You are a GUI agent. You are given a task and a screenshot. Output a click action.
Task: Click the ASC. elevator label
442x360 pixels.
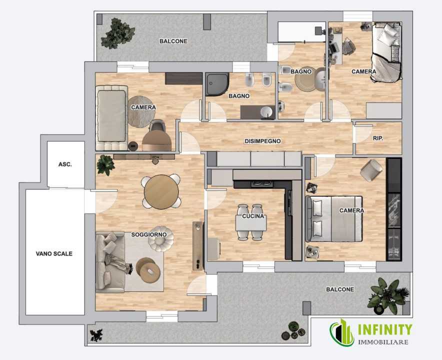[x=65, y=164]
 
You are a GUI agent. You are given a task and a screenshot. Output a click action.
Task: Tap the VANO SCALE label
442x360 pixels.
[x=54, y=253]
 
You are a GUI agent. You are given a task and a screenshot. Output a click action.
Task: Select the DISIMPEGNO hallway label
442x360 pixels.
[x=262, y=141]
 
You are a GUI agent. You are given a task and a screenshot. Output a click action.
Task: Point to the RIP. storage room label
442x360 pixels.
[x=378, y=138]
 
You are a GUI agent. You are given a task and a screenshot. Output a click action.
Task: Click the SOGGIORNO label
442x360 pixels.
[x=149, y=234]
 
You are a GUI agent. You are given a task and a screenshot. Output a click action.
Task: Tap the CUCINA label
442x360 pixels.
[x=253, y=216]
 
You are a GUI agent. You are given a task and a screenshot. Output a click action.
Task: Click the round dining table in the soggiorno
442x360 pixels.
[x=161, y=192]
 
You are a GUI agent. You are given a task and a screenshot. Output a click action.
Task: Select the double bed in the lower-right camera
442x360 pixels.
[x=334, y=219]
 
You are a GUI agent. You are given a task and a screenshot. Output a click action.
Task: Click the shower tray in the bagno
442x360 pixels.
[x=217, y=84]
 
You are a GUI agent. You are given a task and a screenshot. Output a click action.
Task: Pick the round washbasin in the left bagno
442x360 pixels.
[x=265, y=112]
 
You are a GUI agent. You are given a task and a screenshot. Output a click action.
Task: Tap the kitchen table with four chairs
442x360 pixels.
[x=251, y=222]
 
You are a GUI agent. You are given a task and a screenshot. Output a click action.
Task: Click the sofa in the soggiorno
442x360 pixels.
[x=110, y=262]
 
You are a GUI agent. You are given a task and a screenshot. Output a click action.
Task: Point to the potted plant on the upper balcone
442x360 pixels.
[x=117, y=33]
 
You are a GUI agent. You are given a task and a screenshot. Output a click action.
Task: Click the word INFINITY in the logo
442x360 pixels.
[x=385, y=329]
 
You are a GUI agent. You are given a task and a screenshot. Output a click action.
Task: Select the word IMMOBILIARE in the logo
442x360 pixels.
[x=383, y=342]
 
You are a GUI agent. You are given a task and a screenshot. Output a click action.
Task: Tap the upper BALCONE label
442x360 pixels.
[x=173, y=41]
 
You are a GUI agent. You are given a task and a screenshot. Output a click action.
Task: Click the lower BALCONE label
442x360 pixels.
[x=340, y=289]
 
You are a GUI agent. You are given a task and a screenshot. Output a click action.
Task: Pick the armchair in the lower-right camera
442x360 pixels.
[x=371, y=170]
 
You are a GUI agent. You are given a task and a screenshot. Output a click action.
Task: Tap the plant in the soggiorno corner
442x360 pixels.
[x=105, y=165]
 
